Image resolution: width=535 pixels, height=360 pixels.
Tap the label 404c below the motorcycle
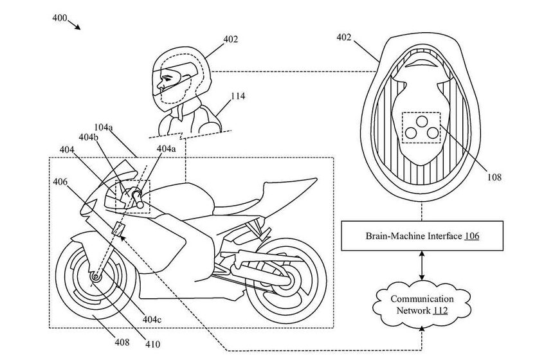click(152, 319)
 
